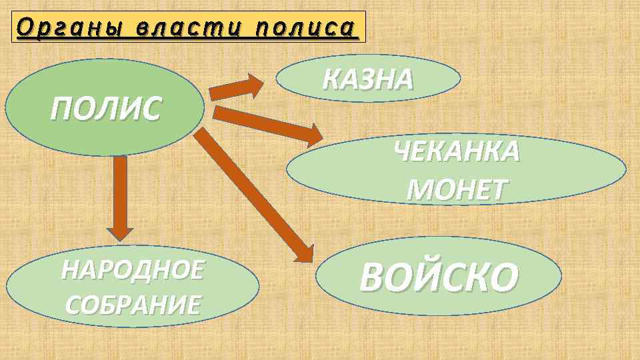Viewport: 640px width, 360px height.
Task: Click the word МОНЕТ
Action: click(457, 190)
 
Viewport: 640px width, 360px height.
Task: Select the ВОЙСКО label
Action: click(438, 277)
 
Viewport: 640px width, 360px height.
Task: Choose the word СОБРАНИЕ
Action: click(133, 305)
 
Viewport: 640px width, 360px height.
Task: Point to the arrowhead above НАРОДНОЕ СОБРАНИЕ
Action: click(121, 232)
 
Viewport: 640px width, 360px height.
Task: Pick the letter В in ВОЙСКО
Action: click(373, 277)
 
